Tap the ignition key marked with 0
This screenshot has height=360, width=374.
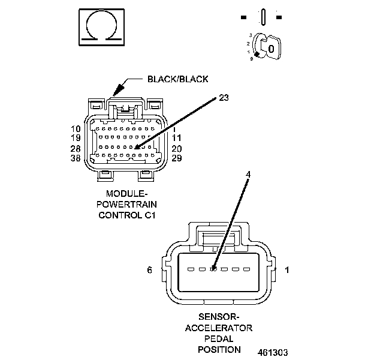tap(270, 47)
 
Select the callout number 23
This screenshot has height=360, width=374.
tap(224, 97)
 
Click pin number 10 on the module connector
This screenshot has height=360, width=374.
tap(76, 129)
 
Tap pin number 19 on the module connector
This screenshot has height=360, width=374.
tap(76, 138)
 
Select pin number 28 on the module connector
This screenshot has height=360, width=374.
tap(76, 148)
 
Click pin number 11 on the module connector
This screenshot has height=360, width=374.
tap(177, 138)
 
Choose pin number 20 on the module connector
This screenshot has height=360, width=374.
tap(177, 148)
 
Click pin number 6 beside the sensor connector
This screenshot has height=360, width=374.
tap(150, 270)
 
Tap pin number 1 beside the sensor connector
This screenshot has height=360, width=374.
tap(287, 270)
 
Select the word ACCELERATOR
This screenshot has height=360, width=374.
tap(219, 328)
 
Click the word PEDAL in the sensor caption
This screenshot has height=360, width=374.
tap(219, 338)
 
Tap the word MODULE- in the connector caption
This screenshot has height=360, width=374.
tap(127, 194)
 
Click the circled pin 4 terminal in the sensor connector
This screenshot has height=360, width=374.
tap(214, 269)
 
